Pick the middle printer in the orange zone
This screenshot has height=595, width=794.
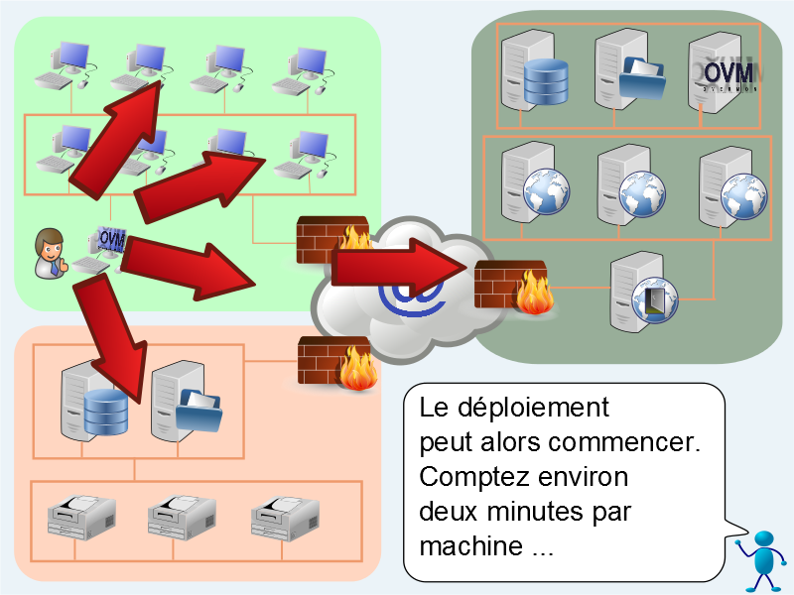pos(182,515)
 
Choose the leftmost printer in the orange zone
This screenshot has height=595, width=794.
pos(82,515)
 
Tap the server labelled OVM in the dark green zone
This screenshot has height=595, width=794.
pos(722,70)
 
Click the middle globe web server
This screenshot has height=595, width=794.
pos(627,183)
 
